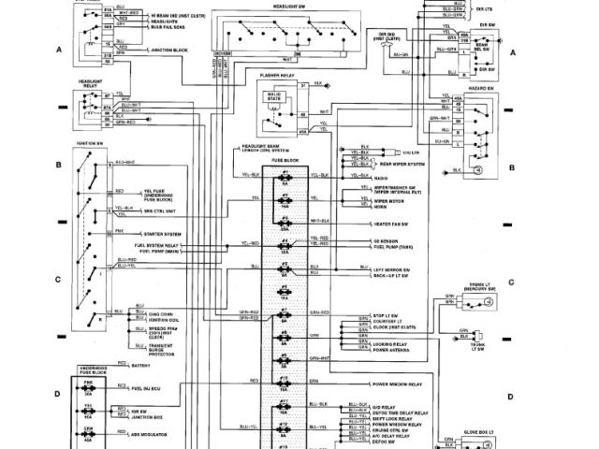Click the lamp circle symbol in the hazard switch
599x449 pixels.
476,169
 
